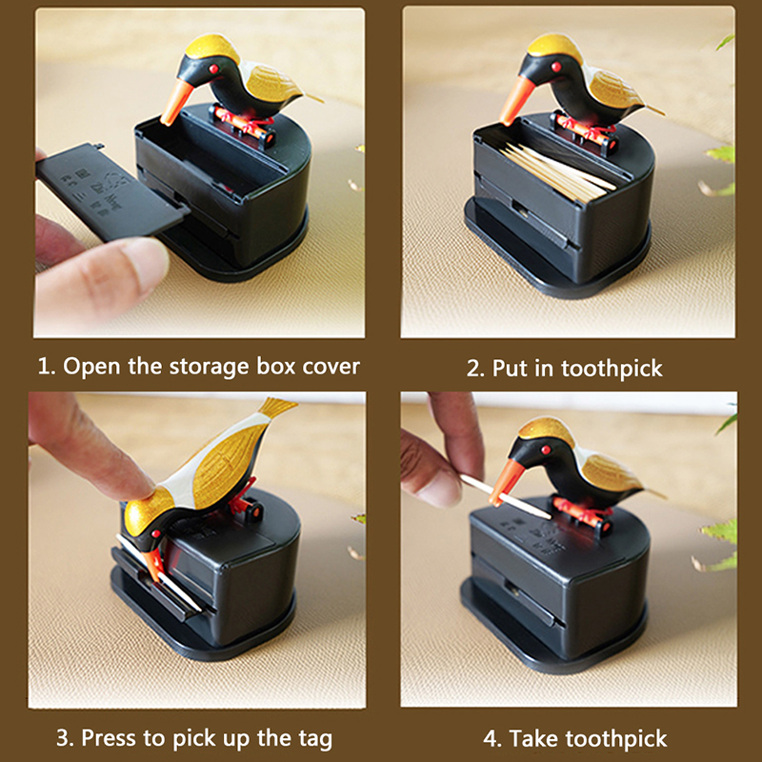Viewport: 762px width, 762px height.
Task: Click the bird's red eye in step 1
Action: (x=212, y=69)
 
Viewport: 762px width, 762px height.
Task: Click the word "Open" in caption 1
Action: (x=91, y=368)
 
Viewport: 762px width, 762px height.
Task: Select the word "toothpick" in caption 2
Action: (x=612, y=369)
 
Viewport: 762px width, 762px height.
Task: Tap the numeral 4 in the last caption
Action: (x=490, y=739)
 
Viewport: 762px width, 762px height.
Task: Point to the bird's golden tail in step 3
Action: (x=276, y=408)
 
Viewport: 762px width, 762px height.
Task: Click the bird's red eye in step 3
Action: (x=156, y=533)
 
